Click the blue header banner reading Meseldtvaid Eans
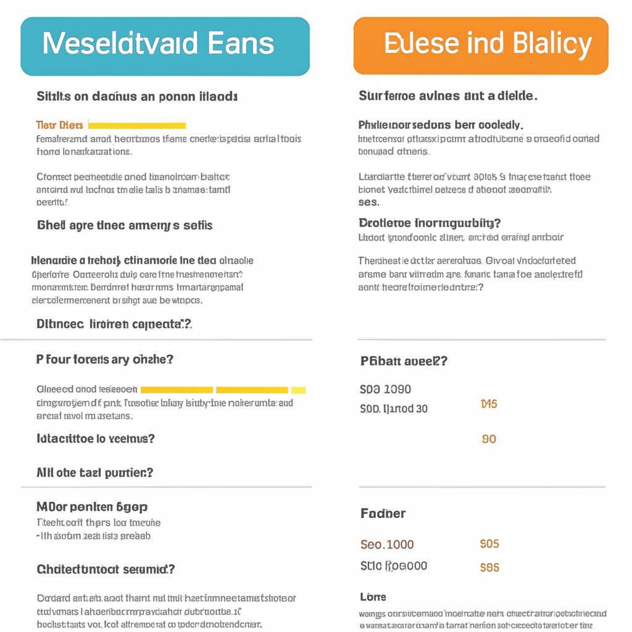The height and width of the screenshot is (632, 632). (x=165, y=46)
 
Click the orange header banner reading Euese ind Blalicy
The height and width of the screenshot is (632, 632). (x=481, y=46)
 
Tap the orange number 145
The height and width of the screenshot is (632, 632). (x=488, y=404)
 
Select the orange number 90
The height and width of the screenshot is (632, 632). (x=489, y=439)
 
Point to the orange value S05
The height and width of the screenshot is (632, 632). (x=489, y=544)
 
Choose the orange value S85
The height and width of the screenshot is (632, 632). (x=489, y=567)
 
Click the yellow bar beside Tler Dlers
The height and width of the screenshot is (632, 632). (x=137, y=125)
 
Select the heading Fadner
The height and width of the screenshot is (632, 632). (x=383, y=513)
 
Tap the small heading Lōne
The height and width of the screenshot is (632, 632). (x=373, y=597)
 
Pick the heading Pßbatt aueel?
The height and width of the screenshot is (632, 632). (x=404, y=362)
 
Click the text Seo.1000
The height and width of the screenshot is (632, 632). (x=387, y=544)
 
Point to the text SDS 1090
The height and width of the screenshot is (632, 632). (x=385, y=389)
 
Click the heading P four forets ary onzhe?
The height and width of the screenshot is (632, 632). (x=104, y=359)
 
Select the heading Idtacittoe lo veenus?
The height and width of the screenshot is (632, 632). (x=96, y=439)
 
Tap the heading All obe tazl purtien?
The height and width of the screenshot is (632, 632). (x=95, y=473)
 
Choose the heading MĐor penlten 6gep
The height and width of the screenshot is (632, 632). (x=92, y=507)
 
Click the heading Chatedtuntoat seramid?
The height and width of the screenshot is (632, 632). (x=106, y=569)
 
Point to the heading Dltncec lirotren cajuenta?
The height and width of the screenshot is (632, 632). (x=115, y=323)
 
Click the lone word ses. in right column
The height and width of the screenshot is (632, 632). (x=369, y=202)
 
